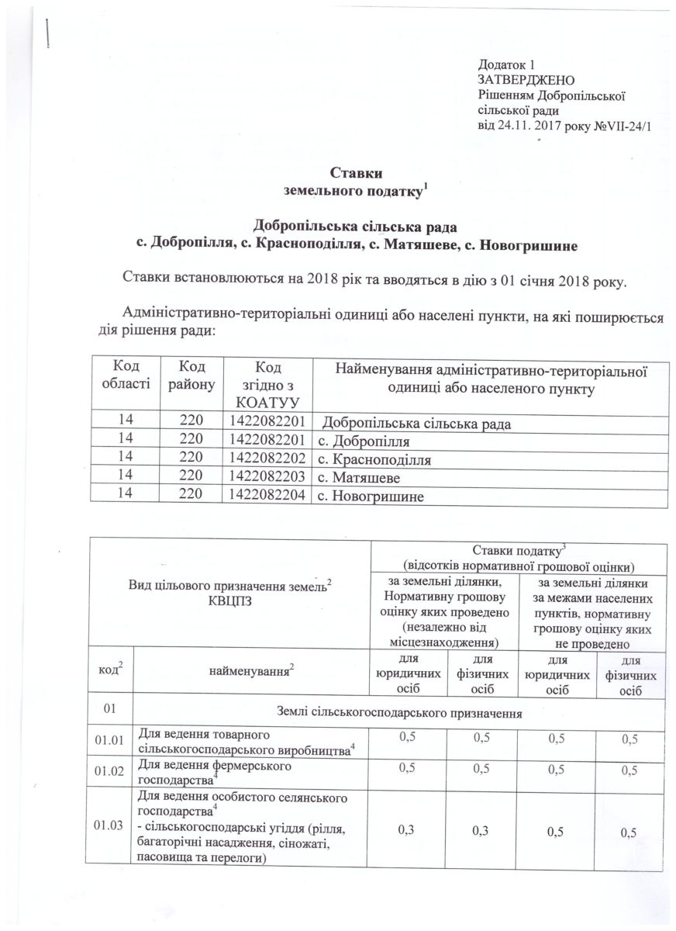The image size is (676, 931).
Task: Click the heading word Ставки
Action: tap(357, 172)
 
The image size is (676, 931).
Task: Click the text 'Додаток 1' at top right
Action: tap(508, 64)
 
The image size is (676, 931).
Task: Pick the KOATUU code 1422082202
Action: tap(268, 459)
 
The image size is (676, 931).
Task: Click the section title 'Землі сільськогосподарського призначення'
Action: tap(398, 711)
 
